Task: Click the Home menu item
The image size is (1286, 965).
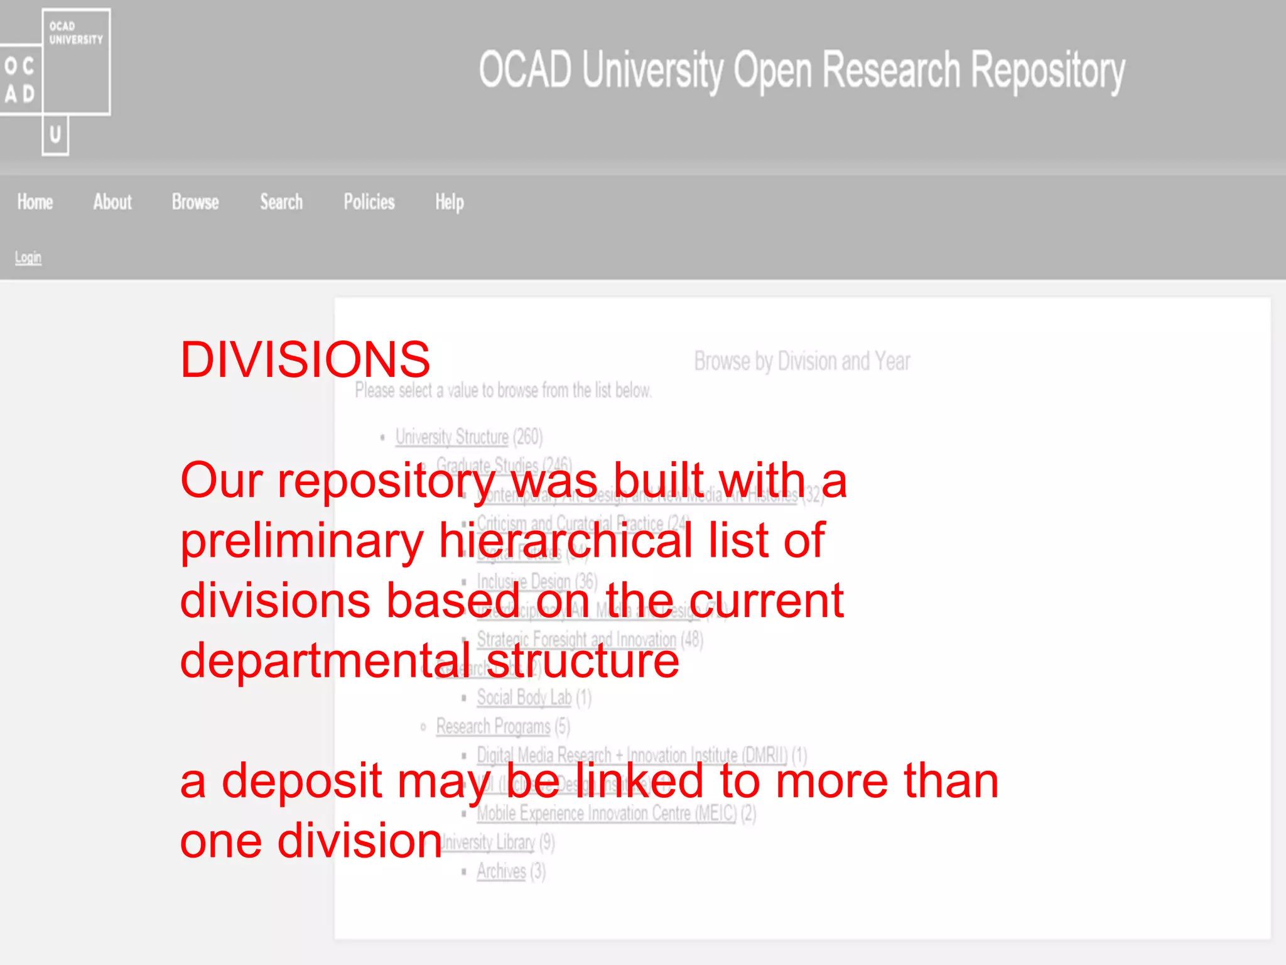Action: (35, 202)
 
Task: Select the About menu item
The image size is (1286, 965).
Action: (112, 202)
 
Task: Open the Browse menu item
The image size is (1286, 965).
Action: (195, 202)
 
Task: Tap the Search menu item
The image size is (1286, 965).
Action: (281, 202)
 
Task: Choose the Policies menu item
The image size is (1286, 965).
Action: (369, 202)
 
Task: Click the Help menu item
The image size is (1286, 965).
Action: (450, 202)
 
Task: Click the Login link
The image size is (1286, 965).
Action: (28, 258)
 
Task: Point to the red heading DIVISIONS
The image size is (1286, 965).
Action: (305, 359)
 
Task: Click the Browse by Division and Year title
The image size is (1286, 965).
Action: (802, 361)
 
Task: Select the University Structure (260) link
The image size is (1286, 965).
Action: (452, 437)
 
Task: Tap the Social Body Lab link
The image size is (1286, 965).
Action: (524, 697)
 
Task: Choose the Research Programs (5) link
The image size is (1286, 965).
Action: (494, 726)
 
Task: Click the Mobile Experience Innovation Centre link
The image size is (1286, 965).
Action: (607, 813)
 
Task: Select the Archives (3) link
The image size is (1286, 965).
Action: (501, 871)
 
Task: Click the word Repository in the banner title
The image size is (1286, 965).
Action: (1048, 70)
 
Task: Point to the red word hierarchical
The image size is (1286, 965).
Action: (565, 540)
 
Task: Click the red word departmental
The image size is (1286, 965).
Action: (325, 661)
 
